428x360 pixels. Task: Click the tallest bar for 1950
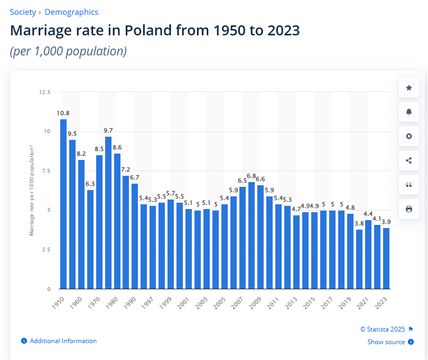[x=63, y=204]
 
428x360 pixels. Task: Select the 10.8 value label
[x=63, y=113]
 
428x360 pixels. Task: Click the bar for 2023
[x=386, y=258]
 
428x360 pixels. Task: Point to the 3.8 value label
[x=359, y=223]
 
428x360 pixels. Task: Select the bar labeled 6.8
[x=252, y=235]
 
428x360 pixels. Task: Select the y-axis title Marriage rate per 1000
[x=32, y=191]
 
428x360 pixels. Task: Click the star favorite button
[x=408, y=88]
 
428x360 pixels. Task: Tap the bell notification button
[x=408, y=112]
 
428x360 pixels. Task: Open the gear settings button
[x=408, y=136]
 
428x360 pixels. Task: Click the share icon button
[x=408, y=160]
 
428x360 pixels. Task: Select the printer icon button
[x=408, y=209]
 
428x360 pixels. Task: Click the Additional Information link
[x=63, y=341]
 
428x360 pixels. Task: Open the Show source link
[x=386, y=342]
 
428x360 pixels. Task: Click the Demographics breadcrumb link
[x=71, y=12]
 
